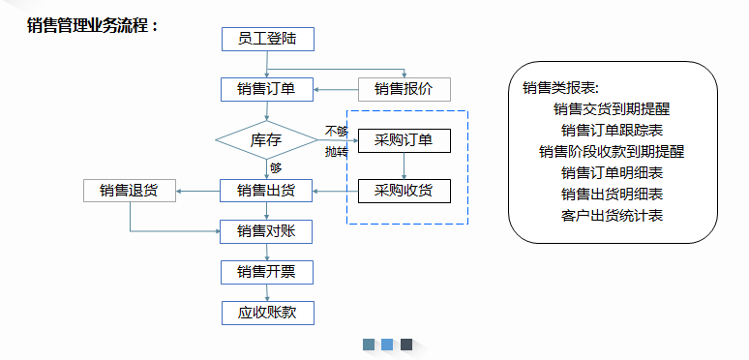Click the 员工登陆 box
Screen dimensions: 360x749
(267, 40)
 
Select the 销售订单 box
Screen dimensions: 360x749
(267, 90)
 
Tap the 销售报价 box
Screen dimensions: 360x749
(404, 90)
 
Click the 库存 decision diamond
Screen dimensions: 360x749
(266, 140)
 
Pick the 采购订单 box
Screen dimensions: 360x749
(404, 140)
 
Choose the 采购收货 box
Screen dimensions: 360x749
(404, 191)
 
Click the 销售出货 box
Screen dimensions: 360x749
(267, 191)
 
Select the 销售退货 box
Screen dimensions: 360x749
(130, 191)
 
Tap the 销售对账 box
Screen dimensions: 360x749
(267, 230)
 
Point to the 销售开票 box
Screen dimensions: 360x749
(267, 272)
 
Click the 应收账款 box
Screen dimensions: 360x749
(267, 313)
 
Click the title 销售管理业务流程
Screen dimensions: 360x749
(93, 25)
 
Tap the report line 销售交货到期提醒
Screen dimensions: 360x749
(612, 109)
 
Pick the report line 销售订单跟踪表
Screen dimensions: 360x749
(612, 131)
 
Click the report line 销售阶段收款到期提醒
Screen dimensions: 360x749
(612, 152)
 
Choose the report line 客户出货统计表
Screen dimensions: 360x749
(612, 215)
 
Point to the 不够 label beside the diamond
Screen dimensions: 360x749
(336, 131)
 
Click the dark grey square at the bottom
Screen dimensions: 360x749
(406, 345)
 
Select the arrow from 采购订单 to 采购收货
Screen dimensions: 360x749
(404, 165)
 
